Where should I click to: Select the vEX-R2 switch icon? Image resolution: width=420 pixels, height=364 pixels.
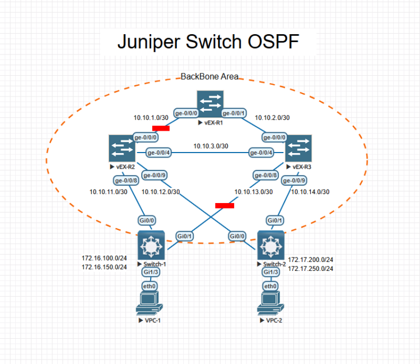pos(122,148)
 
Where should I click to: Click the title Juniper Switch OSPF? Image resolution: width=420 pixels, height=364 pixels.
pos(208,42)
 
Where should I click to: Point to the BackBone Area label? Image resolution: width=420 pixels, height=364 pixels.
pos(209,76)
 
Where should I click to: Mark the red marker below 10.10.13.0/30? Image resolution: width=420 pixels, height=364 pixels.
pos(225,205)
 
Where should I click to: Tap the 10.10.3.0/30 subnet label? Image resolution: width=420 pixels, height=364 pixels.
pos(211,146)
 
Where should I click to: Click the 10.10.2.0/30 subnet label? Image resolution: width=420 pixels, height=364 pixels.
pos(272,118)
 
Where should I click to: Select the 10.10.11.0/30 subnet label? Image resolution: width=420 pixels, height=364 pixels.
pos(109,192)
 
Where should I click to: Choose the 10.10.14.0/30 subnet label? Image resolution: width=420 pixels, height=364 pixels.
pos(310,192)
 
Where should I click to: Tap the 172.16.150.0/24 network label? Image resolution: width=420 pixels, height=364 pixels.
pos(104,267)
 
